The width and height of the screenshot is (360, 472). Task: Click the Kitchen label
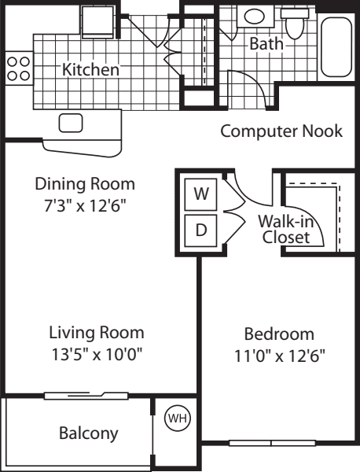[91, 70]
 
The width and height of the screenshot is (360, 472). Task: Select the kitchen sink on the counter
[72, 123]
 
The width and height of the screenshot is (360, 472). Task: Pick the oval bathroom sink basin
[255, 16]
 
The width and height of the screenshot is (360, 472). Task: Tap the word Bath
[266, 44]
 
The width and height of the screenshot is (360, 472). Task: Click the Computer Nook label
[281, 131]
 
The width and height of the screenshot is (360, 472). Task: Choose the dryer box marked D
[200, 231]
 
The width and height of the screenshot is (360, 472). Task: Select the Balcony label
[89, 433]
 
